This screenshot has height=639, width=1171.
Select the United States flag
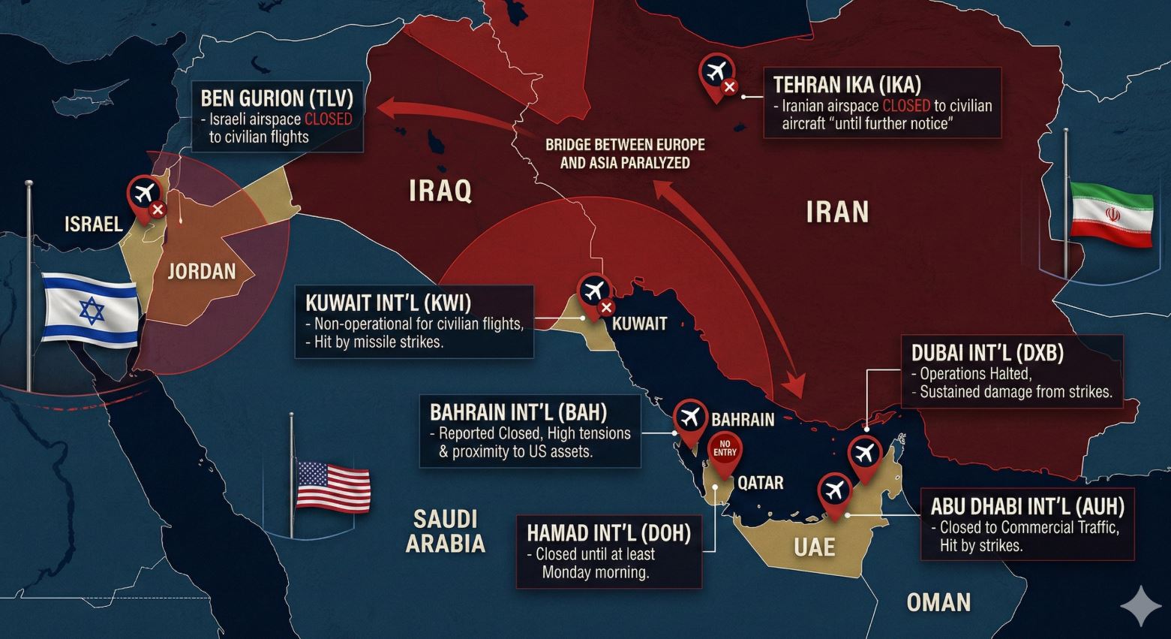coord(333,486)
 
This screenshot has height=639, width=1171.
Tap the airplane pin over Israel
coord(145,194)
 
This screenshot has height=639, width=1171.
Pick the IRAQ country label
coord(440,191)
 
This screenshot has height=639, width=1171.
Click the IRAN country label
coord(837,212)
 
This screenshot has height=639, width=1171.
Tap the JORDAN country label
coord(201,271)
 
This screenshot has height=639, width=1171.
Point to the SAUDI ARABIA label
coord(446,530)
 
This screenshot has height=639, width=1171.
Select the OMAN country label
coord(938,602)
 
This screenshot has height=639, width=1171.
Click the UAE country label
coord(814,547)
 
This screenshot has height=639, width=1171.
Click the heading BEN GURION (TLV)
coord(277,98)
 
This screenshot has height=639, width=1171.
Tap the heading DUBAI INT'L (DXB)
coord(987,352)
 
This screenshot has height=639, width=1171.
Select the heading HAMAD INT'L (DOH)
coord(608,532)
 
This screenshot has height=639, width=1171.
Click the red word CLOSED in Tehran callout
coord(905,106)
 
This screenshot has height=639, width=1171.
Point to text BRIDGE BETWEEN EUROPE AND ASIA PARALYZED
coord(624,153)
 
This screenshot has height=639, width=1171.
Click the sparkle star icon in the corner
coord(1140,606)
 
